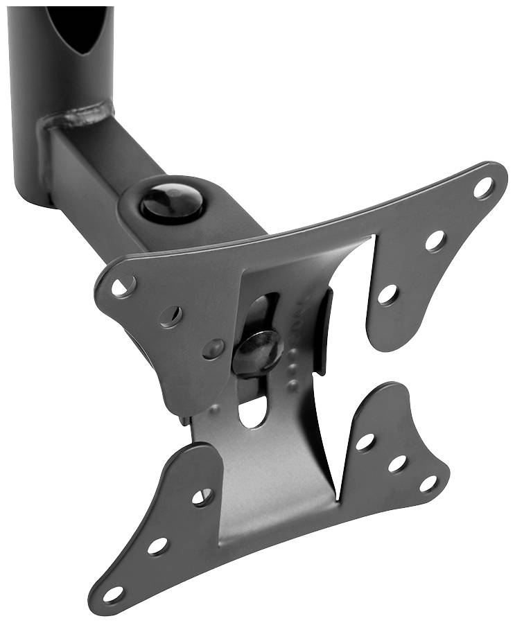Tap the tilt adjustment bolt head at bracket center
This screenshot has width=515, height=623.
(x=258, y=350)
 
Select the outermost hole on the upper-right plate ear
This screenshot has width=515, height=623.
(x=484, y=187)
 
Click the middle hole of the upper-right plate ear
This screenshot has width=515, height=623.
(x=435, y=240)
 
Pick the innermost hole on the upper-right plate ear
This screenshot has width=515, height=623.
(x=387, y=294)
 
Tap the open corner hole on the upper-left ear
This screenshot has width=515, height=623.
(x=125, y=285)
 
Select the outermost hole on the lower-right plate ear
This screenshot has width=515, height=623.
(x=428, y=483)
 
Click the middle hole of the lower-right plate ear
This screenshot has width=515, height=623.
(x=398, y=463)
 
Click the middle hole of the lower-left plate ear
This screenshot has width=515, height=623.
(x=158, y=545)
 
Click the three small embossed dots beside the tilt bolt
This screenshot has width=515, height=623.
(x=293, y=369)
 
